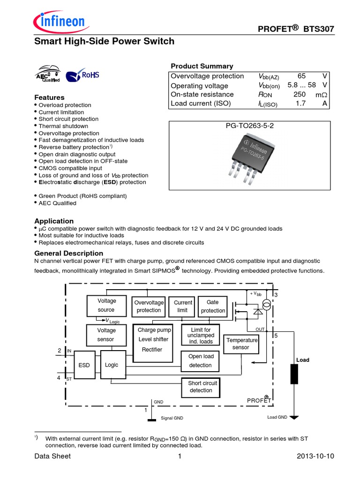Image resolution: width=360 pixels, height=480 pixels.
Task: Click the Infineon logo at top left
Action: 59,21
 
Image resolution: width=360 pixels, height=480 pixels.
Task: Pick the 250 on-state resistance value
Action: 300,94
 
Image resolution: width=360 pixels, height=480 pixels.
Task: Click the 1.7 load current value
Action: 300,104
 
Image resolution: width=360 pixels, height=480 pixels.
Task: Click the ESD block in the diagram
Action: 84,365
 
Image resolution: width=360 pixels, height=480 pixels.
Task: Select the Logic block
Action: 112,365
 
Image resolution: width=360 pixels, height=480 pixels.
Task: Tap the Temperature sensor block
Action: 241,344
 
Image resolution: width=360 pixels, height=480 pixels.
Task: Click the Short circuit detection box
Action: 201,387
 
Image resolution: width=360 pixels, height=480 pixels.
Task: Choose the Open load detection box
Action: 201,360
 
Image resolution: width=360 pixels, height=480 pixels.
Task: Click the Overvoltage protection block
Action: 149,307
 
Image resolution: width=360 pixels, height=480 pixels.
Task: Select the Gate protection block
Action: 213,307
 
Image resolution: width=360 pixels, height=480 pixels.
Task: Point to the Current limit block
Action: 183,307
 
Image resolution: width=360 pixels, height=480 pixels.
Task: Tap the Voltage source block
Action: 106,305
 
